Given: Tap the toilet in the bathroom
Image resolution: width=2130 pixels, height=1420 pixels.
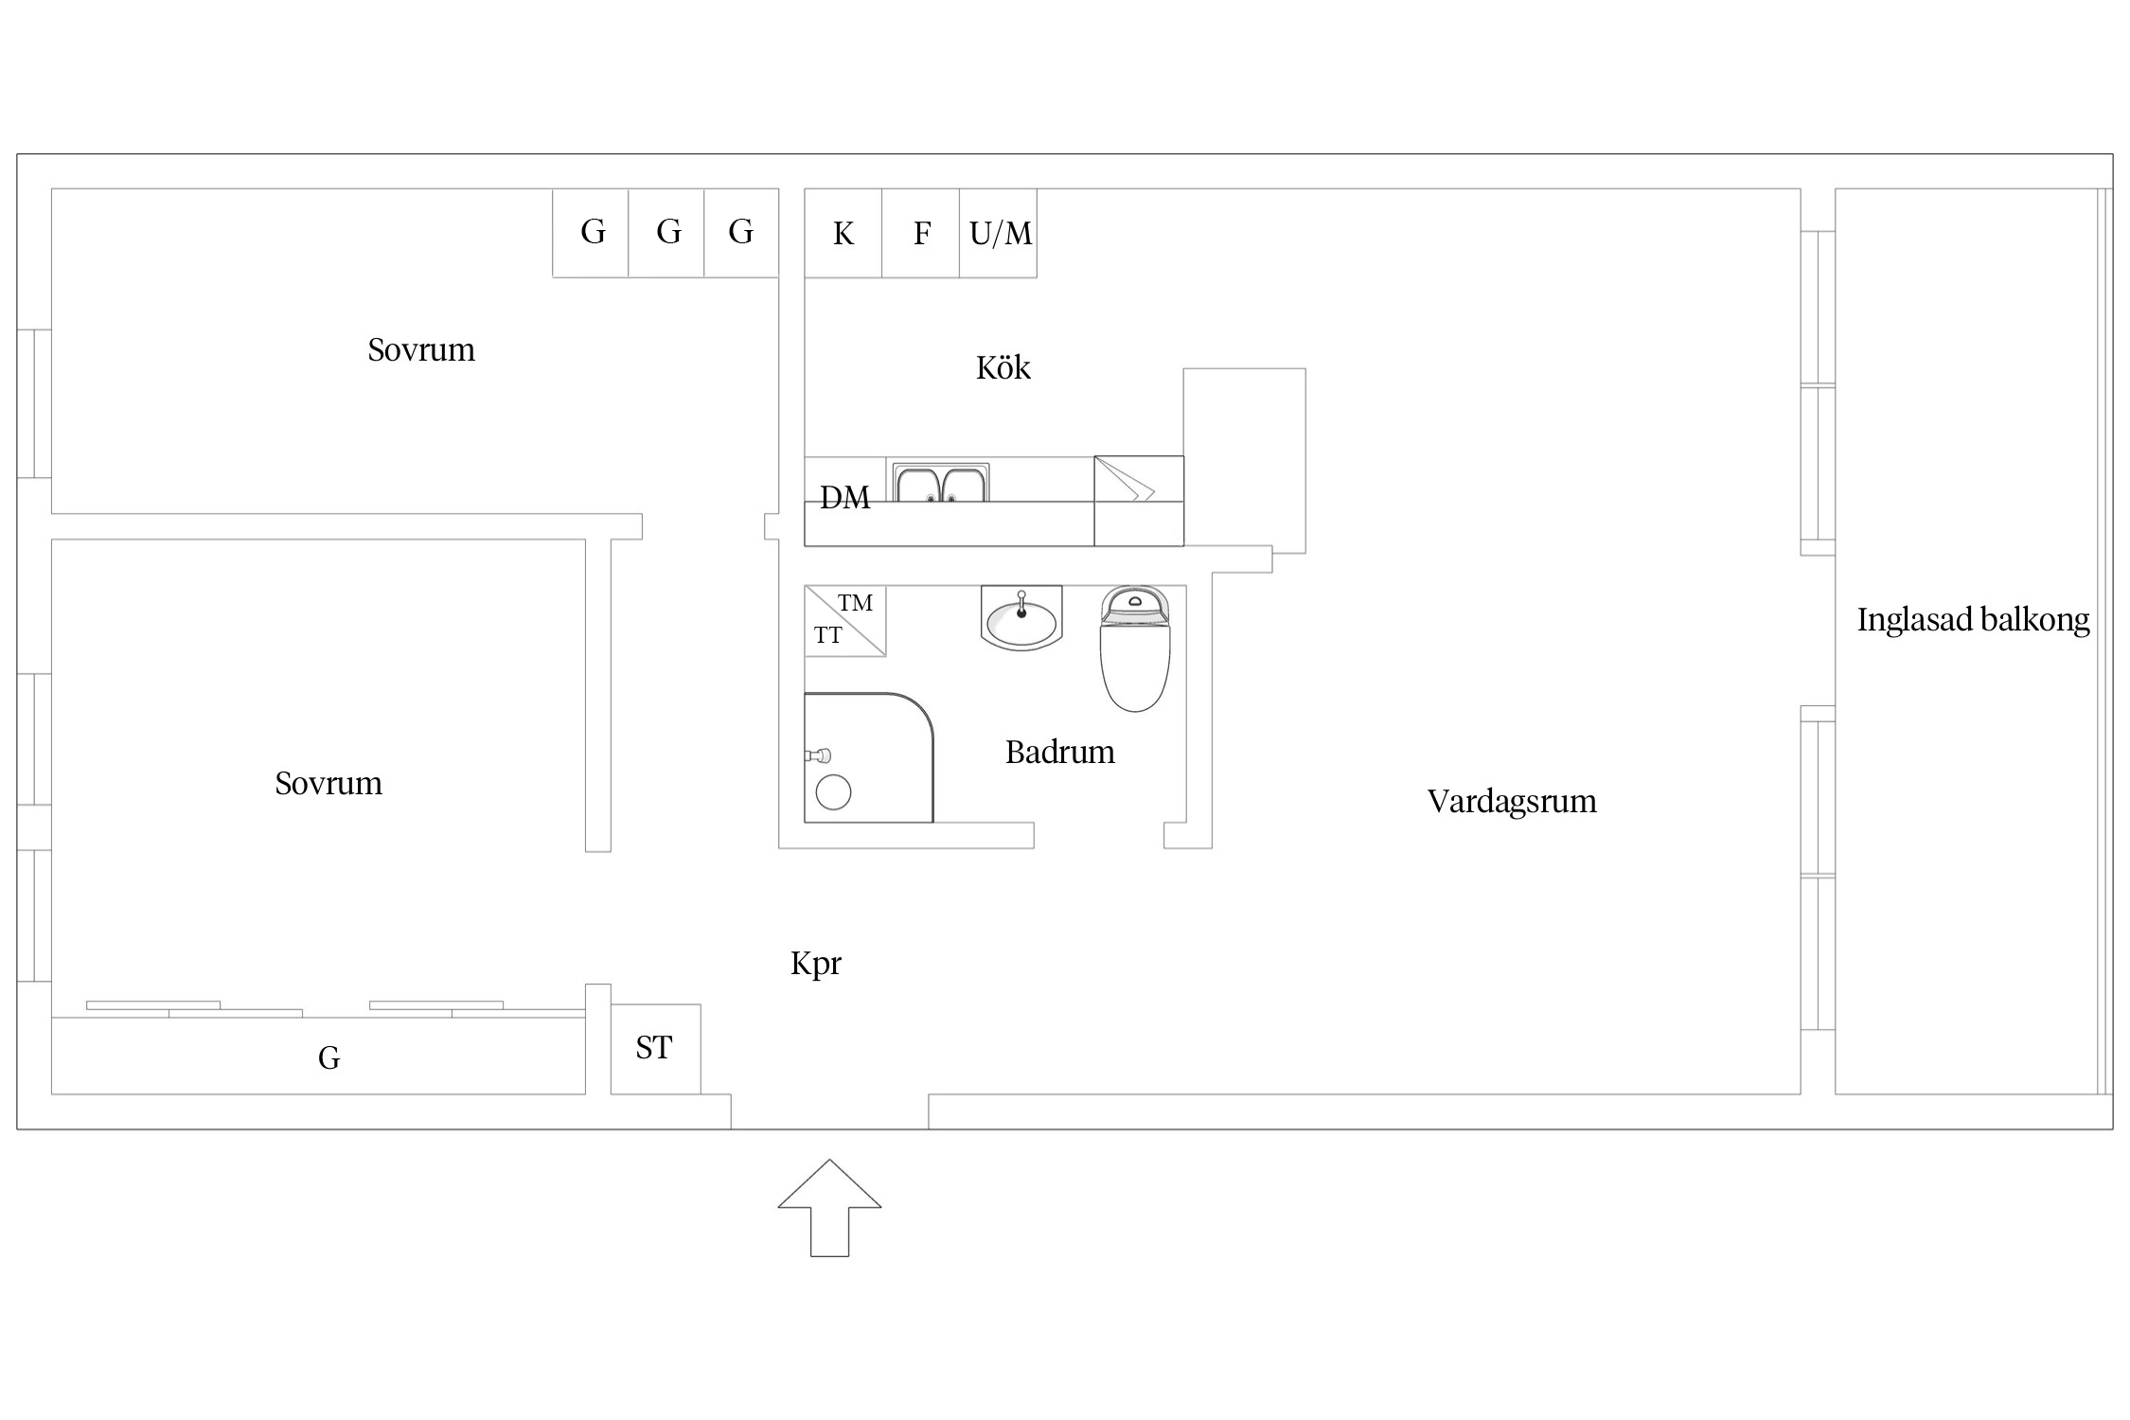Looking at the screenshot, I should [1134, 653].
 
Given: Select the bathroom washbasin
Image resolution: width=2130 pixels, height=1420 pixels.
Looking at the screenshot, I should [1021, 619].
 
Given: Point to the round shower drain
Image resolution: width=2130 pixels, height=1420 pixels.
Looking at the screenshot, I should [833, 791].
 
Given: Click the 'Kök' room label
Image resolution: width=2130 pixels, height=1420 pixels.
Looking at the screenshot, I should [1003, 367].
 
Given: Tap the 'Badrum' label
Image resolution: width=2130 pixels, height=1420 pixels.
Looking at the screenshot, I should [1059, 753].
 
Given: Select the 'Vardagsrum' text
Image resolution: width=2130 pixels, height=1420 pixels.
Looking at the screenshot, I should [1511, 802].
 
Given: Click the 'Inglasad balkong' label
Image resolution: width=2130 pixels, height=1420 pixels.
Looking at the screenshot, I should [1973, 620].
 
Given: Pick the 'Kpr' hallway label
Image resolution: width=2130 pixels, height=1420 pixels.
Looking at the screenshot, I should [815, 964].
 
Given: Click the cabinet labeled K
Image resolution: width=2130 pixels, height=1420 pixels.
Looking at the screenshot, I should [843, 233].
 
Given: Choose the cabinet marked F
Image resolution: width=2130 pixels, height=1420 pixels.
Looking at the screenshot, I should [921, 233].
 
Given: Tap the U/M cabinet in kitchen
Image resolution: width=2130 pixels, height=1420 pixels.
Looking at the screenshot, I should [1000, 233].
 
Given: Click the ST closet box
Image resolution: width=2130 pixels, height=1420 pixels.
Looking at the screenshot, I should [654, 1048].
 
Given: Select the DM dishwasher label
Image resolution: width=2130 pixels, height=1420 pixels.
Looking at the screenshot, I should [844, 498].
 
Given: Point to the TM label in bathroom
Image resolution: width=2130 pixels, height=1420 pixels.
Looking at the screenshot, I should [855, 603].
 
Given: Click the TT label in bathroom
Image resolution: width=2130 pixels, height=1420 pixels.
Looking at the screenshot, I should [827, 636].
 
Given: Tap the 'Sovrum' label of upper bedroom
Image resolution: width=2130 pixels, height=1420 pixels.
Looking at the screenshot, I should [421, 350].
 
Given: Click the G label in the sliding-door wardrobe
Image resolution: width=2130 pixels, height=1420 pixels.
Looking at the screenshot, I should [328, 1058].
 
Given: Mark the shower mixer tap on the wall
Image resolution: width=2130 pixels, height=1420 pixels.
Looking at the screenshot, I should [818, 755].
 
